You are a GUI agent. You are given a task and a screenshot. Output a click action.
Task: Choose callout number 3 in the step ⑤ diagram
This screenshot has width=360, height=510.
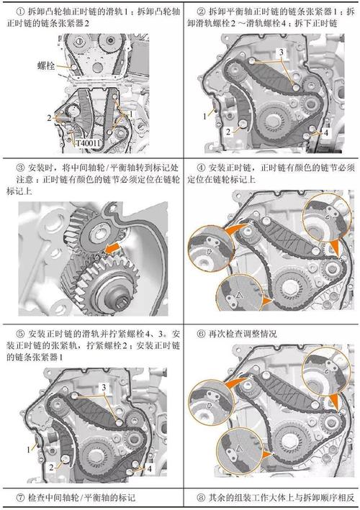pyautogui.click(x=104, y=387)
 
